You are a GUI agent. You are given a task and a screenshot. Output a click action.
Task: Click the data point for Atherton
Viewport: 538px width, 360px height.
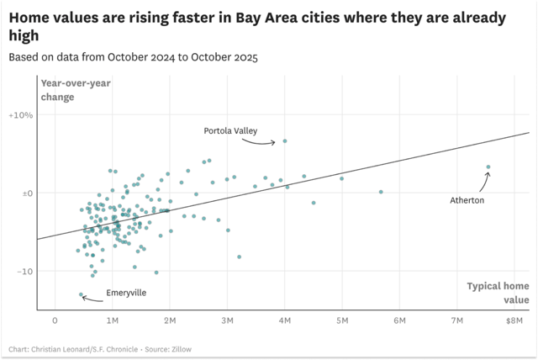(488, 167)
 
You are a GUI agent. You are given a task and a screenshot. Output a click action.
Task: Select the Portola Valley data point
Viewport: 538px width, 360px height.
(285, 141)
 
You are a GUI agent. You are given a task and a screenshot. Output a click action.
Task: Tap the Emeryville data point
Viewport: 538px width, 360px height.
(82, 294)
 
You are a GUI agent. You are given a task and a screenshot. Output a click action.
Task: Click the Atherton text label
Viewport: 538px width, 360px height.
(467, 200)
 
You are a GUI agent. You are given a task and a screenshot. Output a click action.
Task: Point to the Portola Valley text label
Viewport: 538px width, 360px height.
(230, 130)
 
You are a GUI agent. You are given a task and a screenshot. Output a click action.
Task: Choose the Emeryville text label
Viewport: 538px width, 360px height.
(126, 293)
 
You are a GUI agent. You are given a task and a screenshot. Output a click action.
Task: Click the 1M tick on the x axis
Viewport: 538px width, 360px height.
(113, 320)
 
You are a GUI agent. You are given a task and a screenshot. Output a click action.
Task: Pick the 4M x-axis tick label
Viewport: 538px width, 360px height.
(285, 320)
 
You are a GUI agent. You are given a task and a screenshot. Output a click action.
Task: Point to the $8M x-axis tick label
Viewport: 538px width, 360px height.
(514, 320)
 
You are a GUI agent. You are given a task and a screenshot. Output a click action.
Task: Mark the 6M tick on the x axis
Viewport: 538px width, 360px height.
(400, 320)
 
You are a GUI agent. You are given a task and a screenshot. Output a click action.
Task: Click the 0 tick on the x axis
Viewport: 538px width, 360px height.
(55, 320)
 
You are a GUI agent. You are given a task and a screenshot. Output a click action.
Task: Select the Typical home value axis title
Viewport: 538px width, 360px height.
(499, 293)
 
